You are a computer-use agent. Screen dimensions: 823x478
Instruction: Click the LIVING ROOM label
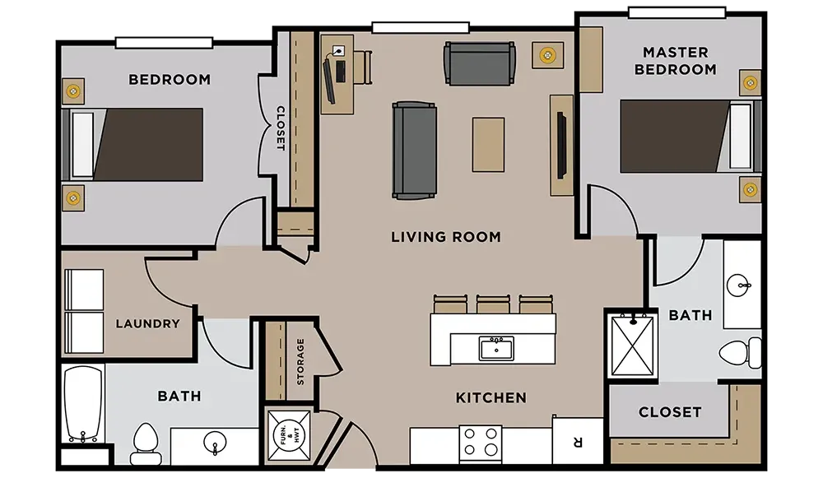[x=445, y=237]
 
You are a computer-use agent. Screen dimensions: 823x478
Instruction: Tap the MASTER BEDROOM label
[x=676, y=61]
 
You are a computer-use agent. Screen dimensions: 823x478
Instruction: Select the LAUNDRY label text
[x=147, y=323]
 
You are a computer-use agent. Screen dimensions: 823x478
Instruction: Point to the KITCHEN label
[x=491, y=397]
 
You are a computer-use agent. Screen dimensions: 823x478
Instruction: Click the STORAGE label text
[x=300, y=361]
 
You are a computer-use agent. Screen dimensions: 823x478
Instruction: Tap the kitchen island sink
[x=496, y=348]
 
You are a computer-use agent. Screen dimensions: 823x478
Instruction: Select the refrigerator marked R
[x=578, y=441]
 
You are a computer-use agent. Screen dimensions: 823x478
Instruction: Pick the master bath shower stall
[x=632, y=344]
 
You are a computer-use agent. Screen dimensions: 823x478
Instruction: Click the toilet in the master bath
[x=740, y=353]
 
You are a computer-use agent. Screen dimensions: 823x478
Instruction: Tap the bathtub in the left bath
[x=83, y=404]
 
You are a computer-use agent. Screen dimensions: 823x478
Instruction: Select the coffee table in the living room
[x=488, y=145]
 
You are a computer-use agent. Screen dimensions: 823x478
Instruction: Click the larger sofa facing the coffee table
[x=414, y=151]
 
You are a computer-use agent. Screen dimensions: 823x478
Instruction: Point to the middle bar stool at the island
[x=493, y=304]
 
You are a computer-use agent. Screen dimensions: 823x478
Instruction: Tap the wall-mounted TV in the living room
[x=561, y=145]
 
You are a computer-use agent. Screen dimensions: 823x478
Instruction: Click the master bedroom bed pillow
[x=740, y=137]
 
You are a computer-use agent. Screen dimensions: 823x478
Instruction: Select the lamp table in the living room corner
[x=547, y=55]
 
